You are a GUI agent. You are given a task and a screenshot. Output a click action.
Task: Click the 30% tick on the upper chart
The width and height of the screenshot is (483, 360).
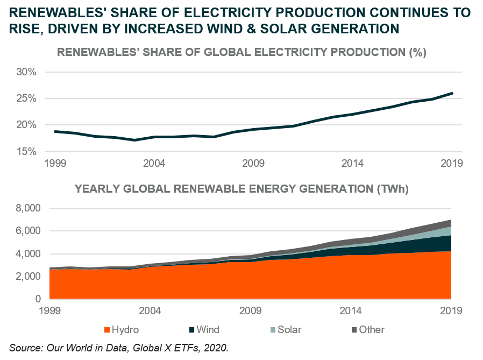(26, 72)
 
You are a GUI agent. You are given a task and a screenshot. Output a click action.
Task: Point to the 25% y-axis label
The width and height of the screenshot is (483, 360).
(26, 98)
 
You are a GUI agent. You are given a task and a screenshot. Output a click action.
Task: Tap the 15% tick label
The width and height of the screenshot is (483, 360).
(26, 151)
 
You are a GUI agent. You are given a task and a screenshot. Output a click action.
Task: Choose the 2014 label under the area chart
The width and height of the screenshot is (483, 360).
(351, 311)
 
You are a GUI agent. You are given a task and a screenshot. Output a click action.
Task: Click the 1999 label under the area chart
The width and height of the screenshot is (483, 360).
(49, 311)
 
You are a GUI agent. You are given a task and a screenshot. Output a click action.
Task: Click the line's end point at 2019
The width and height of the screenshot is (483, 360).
(452, 93)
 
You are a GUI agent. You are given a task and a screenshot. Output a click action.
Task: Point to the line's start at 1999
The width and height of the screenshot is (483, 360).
(54, 131)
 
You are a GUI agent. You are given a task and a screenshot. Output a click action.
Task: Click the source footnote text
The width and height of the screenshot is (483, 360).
(119, 348)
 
